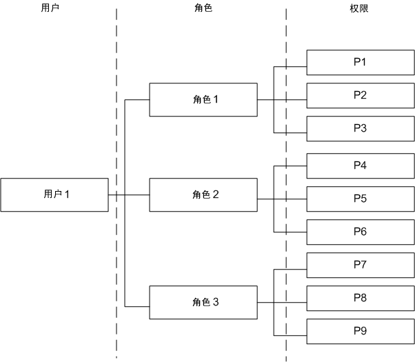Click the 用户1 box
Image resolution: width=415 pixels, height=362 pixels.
[54, 194]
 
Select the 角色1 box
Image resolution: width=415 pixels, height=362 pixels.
[203, 99]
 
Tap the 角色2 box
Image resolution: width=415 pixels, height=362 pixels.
[203, 194]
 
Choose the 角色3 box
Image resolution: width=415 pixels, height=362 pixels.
[203, 302]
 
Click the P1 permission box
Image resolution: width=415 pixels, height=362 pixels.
[359, 62]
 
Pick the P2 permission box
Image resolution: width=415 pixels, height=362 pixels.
[359, 95]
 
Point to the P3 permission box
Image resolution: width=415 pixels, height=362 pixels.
[359, 128]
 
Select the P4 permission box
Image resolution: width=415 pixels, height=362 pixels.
[359, 165]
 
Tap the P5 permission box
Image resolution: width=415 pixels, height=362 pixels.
[359, 199]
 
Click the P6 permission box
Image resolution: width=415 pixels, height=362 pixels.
[359, 232]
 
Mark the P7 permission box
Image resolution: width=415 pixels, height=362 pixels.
[359, 265]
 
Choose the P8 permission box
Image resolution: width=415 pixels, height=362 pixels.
[359, 298]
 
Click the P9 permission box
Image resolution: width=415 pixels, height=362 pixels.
[359, 331]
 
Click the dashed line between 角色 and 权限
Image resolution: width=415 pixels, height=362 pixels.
[286, 41]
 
